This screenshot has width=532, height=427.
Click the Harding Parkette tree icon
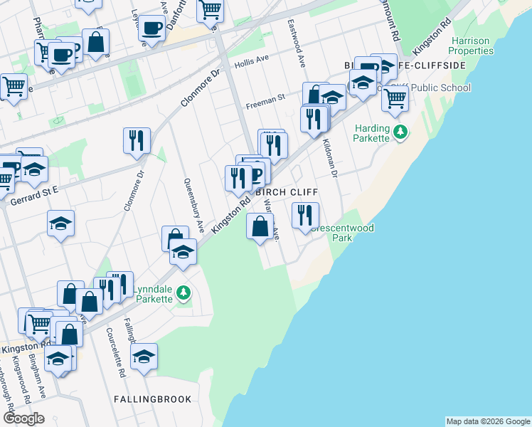coord(401,132)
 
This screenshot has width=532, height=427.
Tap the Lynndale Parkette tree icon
coord(183,292)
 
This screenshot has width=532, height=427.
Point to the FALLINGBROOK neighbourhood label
coord(153,399)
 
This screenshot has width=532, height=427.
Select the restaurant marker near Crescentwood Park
coord(305,215)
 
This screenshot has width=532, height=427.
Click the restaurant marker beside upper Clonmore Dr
coord(136,140)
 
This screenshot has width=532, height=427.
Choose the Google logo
coord(23,418)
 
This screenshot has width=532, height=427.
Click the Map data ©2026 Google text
coord(488,421)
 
